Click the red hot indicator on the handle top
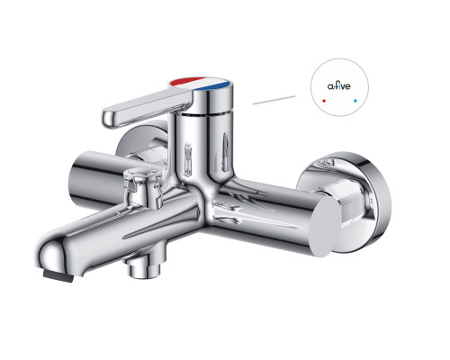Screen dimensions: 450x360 tap(186, 81)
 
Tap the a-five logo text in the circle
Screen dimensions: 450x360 tap(338, 86)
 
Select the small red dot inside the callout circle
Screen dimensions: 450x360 tap(324, 101)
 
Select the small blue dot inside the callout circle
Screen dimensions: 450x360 tap(355, 101)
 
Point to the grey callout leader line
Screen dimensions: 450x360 tap(274, 100)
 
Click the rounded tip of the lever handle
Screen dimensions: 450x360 tap(110, 119)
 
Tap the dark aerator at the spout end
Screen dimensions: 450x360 tap(58, 275)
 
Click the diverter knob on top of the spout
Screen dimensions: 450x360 tap(143, 186)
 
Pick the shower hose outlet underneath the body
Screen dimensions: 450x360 tap(142, 267)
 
